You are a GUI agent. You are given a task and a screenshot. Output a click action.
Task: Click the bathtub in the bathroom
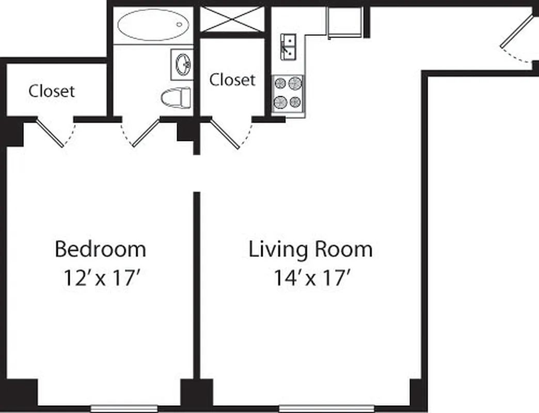[153, 25]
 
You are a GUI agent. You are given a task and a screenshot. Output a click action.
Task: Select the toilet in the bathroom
[176, 98]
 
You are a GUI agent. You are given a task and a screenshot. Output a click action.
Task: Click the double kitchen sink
[288, 46]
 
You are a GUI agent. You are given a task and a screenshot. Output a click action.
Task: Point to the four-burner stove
[288, 93]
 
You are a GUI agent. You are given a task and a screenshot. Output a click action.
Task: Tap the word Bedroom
[100, 249]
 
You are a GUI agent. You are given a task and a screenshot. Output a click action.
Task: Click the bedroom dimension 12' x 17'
[100, 278]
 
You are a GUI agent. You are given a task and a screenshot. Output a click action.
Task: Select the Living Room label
[310, 249]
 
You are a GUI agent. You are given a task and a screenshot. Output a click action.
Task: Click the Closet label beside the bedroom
[52, 91]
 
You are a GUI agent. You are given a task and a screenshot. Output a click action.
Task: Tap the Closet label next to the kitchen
[232, 80]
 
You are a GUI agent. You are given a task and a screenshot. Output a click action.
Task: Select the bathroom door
[145, 133]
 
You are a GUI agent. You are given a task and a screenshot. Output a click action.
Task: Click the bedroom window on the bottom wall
[124, 407]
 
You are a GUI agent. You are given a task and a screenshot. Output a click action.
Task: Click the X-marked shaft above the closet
[232, 20]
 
